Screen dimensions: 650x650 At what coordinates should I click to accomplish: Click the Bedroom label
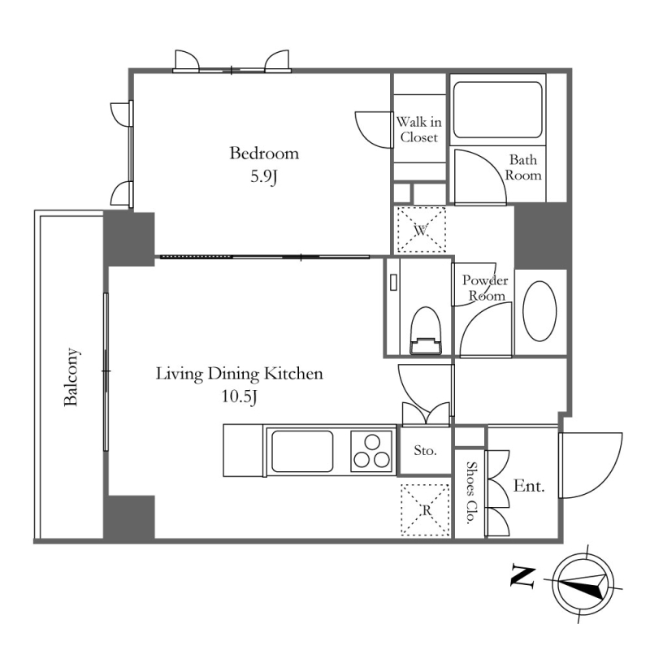pos(264,154)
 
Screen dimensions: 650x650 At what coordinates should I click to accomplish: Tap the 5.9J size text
pos(263,177)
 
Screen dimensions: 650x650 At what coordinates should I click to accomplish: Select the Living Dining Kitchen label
pos(239,374)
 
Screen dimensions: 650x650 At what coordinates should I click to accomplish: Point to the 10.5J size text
pos(239,396)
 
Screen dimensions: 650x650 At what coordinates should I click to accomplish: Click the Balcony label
pos(71,377)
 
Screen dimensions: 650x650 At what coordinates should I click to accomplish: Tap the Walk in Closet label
pos(418,129)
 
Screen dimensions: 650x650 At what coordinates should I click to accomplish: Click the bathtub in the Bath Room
pos(497,110)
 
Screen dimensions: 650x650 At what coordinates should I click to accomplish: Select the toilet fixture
pos(426,331)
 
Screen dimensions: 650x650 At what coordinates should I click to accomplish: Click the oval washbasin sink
pos(539,311)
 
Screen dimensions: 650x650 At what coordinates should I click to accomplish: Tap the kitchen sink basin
pos(302,451)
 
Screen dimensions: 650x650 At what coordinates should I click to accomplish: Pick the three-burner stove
pos(371,452)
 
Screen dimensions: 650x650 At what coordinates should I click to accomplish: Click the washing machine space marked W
pos(421,230)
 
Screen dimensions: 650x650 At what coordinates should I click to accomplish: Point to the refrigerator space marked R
pos(426,510)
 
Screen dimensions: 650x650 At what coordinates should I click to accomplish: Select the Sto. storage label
pos(425,450)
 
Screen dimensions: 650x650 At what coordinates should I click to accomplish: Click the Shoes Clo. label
pos(470,492)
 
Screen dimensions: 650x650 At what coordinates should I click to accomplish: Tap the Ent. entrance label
pos(529,485)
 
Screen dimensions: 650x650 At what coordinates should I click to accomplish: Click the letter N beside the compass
pos(522,577)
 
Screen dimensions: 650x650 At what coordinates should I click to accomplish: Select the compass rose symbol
pos(583,584)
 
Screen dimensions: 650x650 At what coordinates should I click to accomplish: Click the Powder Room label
pos(485,288)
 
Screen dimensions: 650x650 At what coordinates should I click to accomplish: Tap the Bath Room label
pos(523,167)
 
